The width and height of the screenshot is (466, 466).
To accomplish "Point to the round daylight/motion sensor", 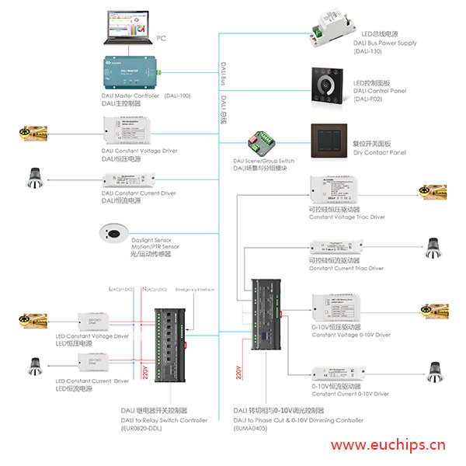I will click(113, 231).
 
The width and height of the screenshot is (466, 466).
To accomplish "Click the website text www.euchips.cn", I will click(388, 446).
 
